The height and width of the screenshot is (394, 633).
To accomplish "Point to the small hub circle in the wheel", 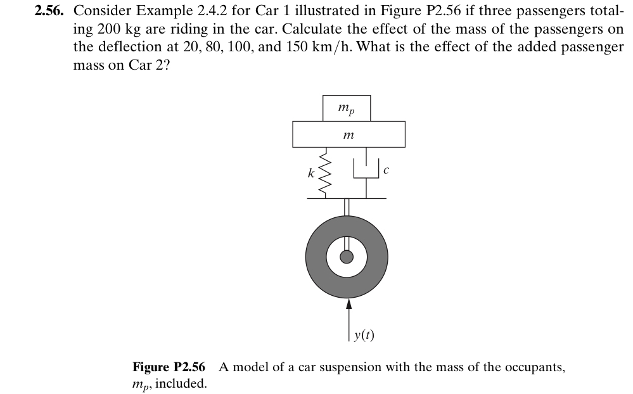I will coord(347,257).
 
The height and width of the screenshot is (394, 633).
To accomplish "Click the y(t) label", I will coord(363,334).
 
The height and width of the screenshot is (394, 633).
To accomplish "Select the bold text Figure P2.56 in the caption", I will coord(169,367).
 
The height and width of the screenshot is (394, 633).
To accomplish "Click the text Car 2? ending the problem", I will coord(150,65).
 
